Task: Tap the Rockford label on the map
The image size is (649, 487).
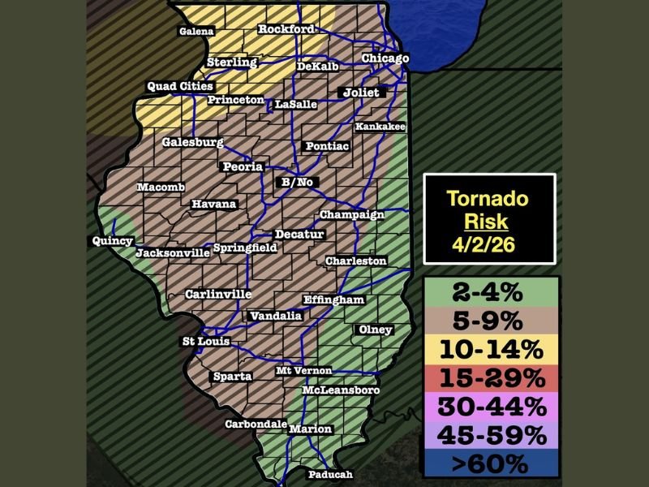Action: (x=286, y=29)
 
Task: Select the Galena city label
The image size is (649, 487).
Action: (x=196, y=32)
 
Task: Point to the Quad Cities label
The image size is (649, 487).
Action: (x=179, y=86)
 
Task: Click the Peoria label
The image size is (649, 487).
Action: (x=243, y=166)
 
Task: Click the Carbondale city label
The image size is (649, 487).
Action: (x=256, y=425)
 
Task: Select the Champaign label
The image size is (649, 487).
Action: (x=351, y=214)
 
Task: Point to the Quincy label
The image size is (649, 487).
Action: (x=112, y=241)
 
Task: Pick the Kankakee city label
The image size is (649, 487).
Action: (x=379, y=127)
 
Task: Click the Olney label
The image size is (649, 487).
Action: (x=375, y=330)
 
